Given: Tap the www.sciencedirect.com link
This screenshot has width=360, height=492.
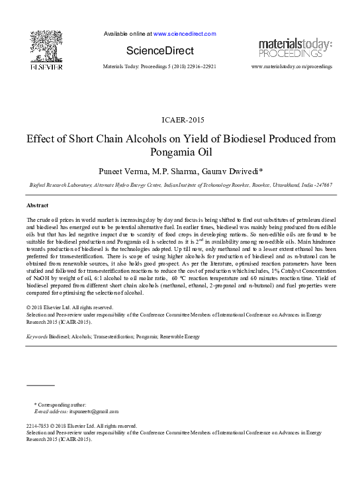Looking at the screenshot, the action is (185, 33).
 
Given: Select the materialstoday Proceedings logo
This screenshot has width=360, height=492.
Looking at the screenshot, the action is (294, 48).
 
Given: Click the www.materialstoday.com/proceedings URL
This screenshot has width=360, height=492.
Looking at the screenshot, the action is (292, 67).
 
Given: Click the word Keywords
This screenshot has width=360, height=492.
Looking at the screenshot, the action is (37, 336).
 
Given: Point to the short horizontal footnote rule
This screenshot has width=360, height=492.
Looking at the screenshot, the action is (40, 384).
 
